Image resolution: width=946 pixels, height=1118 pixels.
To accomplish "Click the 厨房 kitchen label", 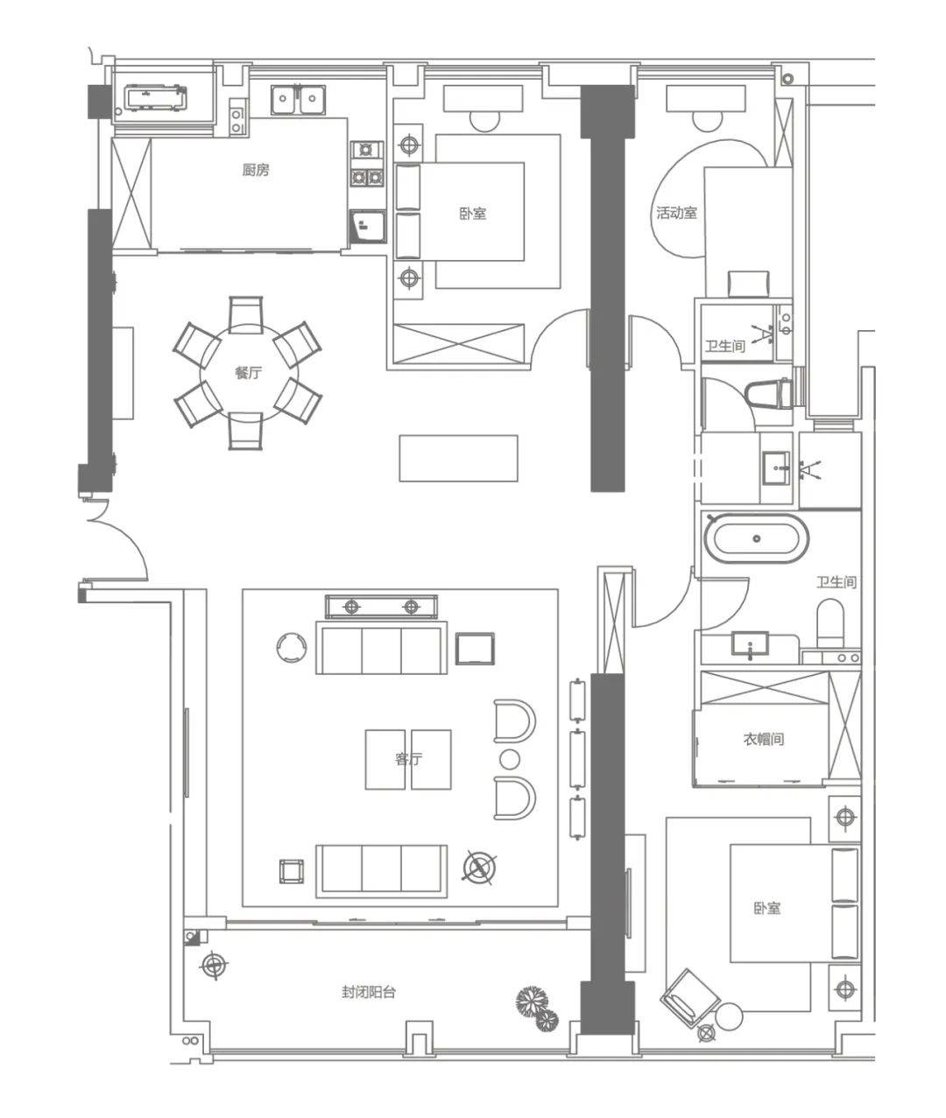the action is point(256,171).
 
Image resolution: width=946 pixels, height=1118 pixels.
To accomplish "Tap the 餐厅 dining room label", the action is point(249,373).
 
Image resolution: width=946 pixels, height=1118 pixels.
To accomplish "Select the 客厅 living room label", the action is point(408,759).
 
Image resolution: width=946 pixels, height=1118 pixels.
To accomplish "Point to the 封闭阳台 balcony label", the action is point(369,992).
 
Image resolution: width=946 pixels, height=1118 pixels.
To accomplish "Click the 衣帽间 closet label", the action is point(764,739).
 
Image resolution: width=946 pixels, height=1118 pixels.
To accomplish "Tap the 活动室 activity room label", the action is point(676,213).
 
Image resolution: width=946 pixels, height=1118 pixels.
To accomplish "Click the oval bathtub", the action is point(756,538).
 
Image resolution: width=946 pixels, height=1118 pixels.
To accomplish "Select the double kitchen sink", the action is point(298,100).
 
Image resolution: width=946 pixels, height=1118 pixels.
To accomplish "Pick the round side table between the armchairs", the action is point(509,759).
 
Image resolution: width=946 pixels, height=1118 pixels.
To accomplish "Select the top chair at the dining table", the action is point(246,315).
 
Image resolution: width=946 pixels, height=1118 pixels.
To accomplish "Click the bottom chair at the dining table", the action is point(246,431).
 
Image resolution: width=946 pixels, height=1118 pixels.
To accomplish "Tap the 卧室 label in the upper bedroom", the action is point(472,214).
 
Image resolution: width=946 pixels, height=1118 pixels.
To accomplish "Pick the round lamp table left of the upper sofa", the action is point(291,647).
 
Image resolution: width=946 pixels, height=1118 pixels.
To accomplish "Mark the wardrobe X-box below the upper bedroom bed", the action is point(459,343).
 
